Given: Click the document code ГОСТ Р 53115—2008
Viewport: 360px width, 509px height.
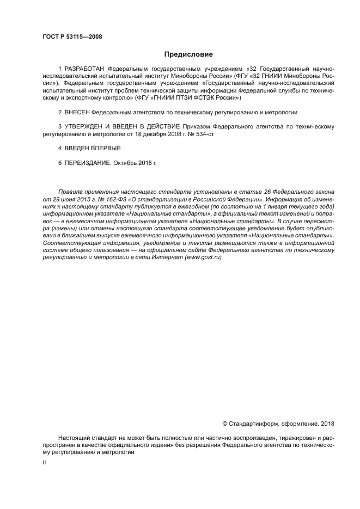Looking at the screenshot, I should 72,37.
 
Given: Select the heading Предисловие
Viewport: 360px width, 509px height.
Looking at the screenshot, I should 188,54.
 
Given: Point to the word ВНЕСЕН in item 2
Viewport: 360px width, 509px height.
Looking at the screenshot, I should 77,112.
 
